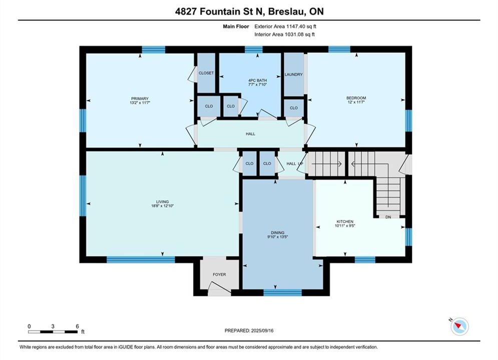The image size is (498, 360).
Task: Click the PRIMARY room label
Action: pyautogui.click(x=140, y=98)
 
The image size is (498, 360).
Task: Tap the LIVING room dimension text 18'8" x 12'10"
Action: pyautogui.click(x=162, y=206)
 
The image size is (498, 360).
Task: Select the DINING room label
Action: pyautogui.click(x=278, y=233)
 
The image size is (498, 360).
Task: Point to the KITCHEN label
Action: pyautogui.click(x=345, y=221)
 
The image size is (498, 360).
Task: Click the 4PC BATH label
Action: pyautogui.click(x=258, y=80)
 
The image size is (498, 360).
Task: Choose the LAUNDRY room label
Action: pyautogui.click(x=293, y=74)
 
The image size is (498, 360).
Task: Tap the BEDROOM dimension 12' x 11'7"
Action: pyautogui.click(x=356, y=102)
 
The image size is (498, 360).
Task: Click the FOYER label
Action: pyautogui.click(x=219, y=274)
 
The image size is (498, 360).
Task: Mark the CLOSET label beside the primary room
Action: pyautogui.click(x=206, y=73)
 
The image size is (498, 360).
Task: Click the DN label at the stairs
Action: pyautogui.click(x=388, y=217)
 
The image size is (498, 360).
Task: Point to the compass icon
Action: pyautogui.click(x=459, y=326)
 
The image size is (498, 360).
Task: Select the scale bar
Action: pyautogui.click(x=53, y=332)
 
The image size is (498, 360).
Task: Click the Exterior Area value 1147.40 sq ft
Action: pyautogui.click(x=301, y=26)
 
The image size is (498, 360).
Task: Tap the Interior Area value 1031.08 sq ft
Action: pyautogui.click(x=299, y=34)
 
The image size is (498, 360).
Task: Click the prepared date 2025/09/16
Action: pyautogui.click(x=262, y=331)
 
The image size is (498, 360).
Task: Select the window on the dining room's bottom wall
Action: pyautogui.click(x=282, y=292)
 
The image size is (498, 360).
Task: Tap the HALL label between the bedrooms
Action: pyautogui.click(x=250, y=134)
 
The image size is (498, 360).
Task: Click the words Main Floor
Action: pyautogui.click(x=236, y=26)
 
